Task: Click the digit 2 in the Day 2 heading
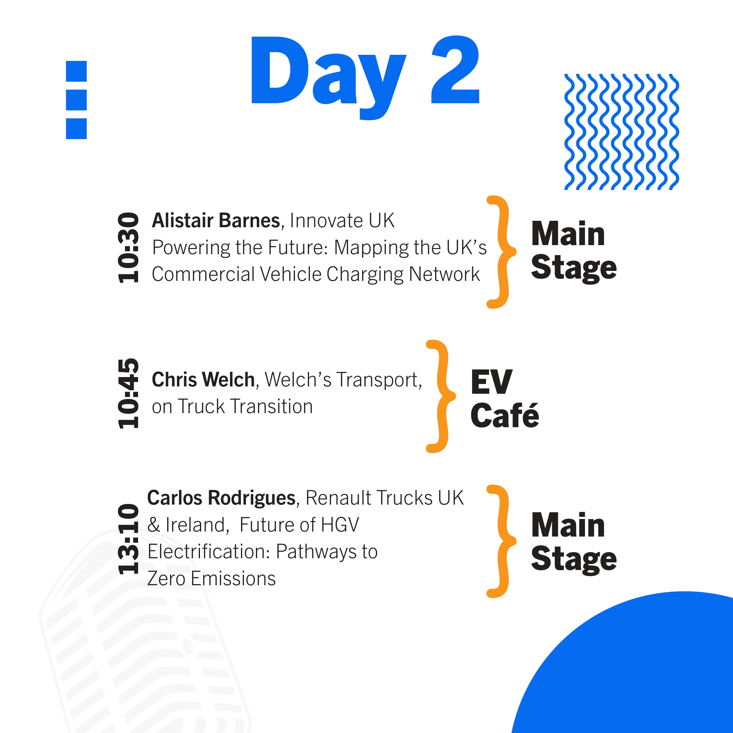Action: pyautogui.click(x=455, y=69)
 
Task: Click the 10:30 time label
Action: pyautogui.click(x=128, y=248)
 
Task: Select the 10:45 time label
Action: pyautogui.click(x=128, y=393)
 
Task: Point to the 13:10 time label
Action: pyautogui.click(x=128, y=539)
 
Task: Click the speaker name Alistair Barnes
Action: pyautogui.click(x=216, y=220)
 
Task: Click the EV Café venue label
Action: pyautogui.click(x=505, y=399)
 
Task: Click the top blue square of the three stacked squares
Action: pyautogui.click(x=76, y=71)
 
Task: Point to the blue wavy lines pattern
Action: pyautogui.click(x=622, y=132)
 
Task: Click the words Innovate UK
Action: pyautogui.click(x=342, y=220)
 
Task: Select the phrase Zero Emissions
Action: pyautogui.click(x=211, y=578)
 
